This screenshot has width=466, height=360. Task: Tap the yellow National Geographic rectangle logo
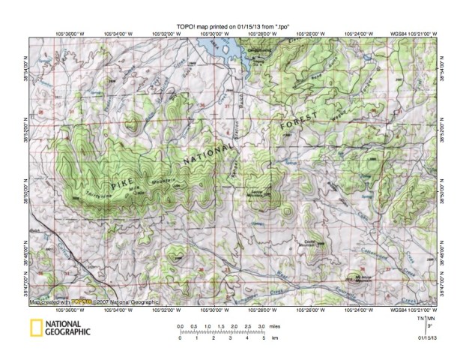(x=36, y=328)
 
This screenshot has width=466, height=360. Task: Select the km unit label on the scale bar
(x=273, y=338)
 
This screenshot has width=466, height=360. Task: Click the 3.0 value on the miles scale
(x=260, y=328)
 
